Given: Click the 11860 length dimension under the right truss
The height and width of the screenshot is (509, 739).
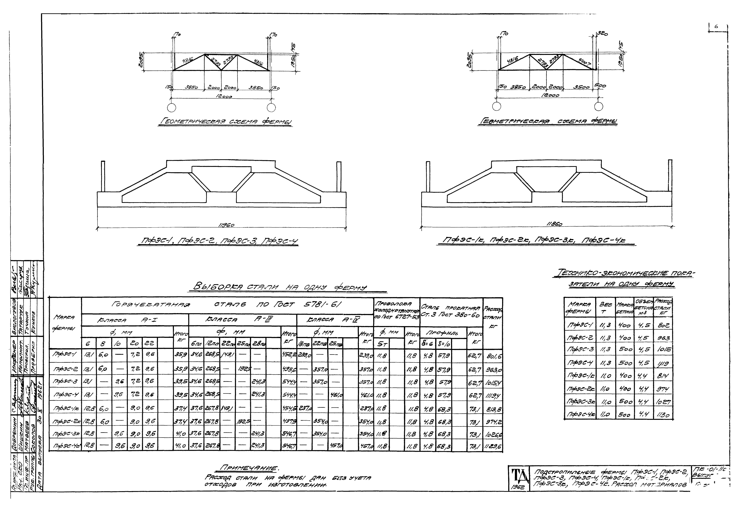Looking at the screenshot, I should pyautogui.click(x=554, y=224).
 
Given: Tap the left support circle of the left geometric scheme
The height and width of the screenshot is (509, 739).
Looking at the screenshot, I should pyautogui.click(x=171, y=107).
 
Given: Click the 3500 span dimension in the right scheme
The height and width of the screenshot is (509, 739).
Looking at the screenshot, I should pyautogui.click(x=581, y=87).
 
